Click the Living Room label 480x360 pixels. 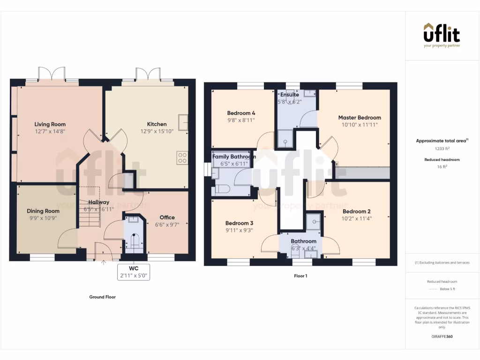click(50, 124)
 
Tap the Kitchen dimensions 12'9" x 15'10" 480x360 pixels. click(157, 132)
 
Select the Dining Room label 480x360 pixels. click(43, 211)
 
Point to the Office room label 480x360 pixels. click(167, 217)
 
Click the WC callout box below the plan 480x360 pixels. click(134, 272)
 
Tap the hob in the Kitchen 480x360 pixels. click(182, 158)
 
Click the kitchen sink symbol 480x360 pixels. click(182, 121)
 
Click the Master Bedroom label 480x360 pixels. click(360, 118)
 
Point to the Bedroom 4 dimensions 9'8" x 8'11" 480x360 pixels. click(241, 120)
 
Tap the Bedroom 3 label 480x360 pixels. click(239, 223)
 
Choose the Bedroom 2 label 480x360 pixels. click(356, 211)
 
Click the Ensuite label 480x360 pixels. click(290, 95)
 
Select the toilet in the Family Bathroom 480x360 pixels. click(222, 190)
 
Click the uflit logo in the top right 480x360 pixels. click(442, 35)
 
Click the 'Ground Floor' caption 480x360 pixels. click(102, 297)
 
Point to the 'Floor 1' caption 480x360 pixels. click(300, 276)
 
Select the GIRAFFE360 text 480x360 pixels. click(442, 337)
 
